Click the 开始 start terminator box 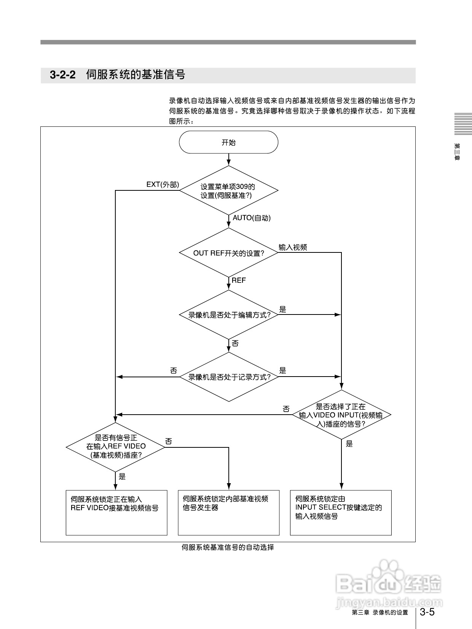tap(228, 142)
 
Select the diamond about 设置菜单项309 tap(228, 190)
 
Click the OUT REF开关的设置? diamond tap(228, 253)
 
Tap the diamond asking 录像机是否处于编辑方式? tap(228, 315)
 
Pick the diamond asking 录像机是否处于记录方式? tap(228, 377)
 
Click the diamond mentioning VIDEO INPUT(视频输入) tap(341, 415)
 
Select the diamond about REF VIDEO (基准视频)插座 tap(116, 447)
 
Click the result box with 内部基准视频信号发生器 tap(228, 512)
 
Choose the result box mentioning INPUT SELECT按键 tap(341, 512)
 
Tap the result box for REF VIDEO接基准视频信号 tap(116, 512)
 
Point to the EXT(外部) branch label tap(163, 185)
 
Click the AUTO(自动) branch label tap(252, 218)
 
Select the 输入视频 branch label tap(293, 247)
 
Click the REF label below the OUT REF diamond tap(239, 280)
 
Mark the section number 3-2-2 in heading tap(62, 75)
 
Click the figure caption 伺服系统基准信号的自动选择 tap(228, 548)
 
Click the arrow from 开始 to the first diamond tap(228, 159)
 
